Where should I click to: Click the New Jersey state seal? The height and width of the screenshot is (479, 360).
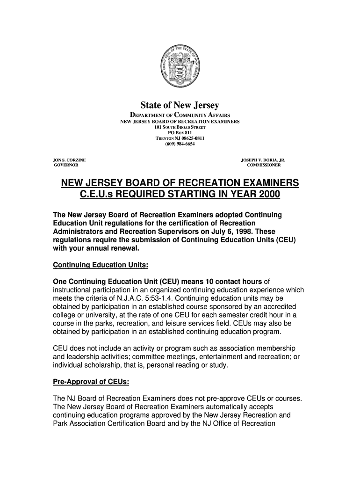[x=180, y=67]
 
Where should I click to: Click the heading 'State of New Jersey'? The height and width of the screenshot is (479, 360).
[x=180, y=106]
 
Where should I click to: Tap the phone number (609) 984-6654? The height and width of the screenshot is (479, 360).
[x=180, y=144]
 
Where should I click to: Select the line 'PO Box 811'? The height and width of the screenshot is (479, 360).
[x=180, y=133]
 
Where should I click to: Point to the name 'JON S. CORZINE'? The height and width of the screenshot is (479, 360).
[x=69, y=160]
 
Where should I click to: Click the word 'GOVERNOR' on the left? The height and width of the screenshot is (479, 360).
[x=66, y=165]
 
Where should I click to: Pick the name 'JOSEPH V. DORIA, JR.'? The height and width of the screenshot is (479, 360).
[x=263, y=160]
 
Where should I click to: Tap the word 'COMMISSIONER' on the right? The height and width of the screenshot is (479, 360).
[x=264, y=165]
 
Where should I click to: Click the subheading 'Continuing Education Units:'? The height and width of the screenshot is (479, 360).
[x=101, y=265]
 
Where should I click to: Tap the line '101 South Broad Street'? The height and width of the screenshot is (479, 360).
[x=180, y=127]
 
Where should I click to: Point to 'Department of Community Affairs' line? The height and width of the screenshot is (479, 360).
[x=180, y=115]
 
